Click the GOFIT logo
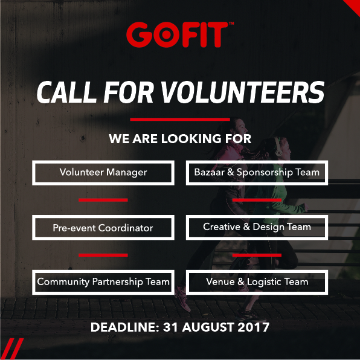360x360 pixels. tap(180, 34)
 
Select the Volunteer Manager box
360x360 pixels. tap(103, 173)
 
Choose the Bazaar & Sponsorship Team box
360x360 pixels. tap(257, 173)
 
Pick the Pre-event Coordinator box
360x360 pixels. tap(103, 228)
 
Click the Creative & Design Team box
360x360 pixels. tap(257, 228)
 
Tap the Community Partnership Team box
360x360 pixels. tap(103, 282)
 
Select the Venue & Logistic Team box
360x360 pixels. tap(257, 282)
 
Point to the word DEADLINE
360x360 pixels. tap(124, 329)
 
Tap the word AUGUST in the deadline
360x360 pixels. tap(208, 329)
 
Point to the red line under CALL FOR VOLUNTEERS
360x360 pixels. tap(180, 120)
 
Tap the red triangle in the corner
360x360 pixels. tap(353, 6)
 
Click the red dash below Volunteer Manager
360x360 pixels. tap(103, 200)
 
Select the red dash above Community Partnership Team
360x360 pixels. tap(103, 255)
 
